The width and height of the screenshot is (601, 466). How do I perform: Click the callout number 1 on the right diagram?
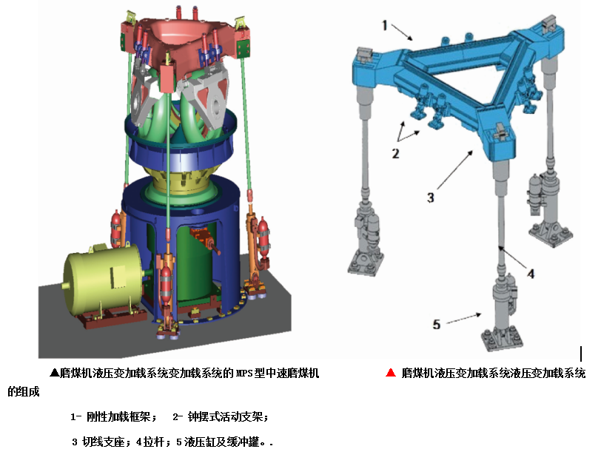pyautogui.click(x=385, y=26)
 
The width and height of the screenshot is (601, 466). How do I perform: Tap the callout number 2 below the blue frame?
pyautogui.click(x=395, y=154)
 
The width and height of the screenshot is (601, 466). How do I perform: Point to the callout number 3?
pyautogui.click(x=431, y=197)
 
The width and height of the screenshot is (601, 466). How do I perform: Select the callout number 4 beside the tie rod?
pyautogui.click(x=531, y=274)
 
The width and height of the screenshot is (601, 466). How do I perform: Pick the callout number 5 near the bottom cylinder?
pyautogui.click(x=437, y=324)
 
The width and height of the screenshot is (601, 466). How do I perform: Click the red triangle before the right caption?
pyautogui.click(x=391, y=373)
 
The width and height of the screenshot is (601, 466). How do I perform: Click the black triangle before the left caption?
pyautogui.click(x=55, y=373)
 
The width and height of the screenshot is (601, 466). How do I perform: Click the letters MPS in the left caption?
pyautogui.click(x=244, y=373)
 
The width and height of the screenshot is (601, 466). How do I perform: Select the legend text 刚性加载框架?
pyautogui.click(x=118, y=416)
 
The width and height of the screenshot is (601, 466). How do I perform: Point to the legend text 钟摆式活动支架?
pyautogui.click(x=225, y=416)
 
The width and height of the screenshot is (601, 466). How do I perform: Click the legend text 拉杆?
pyautogui.click(x=154, y=442)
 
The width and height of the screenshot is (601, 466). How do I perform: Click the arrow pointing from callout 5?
pyautogui.click(x=464, y=318)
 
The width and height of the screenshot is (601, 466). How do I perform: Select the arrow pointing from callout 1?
pyautogui.click(x=402, y=32)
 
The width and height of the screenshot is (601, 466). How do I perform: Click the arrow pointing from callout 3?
pyautogui.click(x=455, y=169)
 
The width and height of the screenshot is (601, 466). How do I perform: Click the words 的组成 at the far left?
pyautogui.click(x=24, y=392)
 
